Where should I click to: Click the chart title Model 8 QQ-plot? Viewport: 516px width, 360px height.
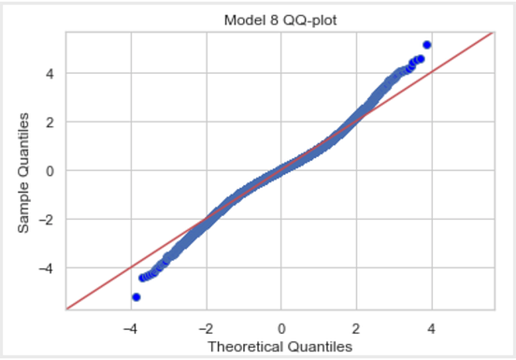280,20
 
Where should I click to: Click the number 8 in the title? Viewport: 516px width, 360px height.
267,20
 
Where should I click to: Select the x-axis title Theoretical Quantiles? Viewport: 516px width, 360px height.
280,346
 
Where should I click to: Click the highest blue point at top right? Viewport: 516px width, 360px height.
427,45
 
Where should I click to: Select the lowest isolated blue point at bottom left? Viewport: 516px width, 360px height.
136,296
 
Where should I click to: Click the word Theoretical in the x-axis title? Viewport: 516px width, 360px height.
249,346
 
